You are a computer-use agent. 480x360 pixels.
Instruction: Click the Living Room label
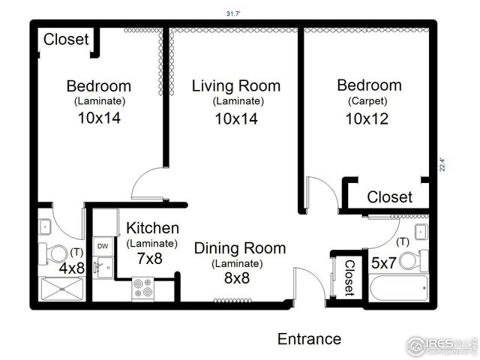pos(236,85)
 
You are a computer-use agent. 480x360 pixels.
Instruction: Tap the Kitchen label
pos(152,228)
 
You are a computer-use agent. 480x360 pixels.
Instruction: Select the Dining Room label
pos(240,248)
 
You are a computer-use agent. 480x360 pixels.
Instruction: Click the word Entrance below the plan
pos(309,339)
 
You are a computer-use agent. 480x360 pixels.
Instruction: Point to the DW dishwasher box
pos(102,246)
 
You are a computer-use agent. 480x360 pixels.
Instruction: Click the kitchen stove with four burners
pos(143,288)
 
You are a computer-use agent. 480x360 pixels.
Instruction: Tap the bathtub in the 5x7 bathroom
pos(398,287)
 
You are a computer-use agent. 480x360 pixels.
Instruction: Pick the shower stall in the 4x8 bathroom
pos(63,288)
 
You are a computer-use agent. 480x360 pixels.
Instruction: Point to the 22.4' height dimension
pos(442,163)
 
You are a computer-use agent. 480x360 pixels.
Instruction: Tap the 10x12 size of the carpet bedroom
pos(367,119)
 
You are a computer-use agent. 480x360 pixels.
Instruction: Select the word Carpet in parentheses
pos(367,101)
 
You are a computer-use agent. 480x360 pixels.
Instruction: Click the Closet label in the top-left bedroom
pos(66,39)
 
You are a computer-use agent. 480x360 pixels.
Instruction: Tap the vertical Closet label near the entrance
pos(349,277)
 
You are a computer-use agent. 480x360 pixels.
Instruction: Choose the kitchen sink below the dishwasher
pos(103,265)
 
